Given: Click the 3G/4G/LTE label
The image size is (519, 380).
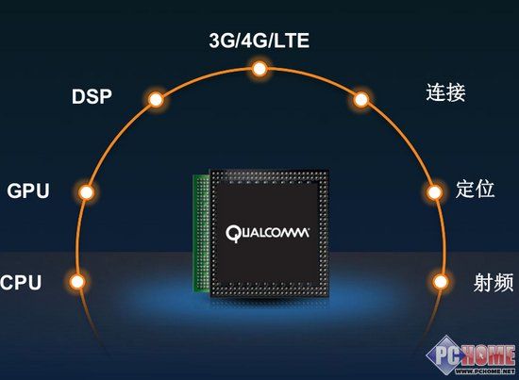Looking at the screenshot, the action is pos(259,41).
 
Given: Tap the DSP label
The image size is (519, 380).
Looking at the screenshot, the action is pos(92,96).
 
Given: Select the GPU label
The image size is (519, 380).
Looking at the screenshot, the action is pos(28,190).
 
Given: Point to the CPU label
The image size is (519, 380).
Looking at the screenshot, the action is pos(21,283).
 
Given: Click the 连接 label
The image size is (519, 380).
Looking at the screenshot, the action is pos(445,92).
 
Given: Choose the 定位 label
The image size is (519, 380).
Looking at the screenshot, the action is pos(475,190).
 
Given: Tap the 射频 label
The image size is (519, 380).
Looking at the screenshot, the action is pos(494,283).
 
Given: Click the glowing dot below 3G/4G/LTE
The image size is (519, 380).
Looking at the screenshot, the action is pos(259,69).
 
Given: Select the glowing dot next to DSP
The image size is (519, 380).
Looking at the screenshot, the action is pos(156,99).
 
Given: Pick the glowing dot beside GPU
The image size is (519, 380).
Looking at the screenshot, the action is pos(87,191).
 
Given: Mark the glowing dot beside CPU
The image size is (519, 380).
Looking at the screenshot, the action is pos(77,282).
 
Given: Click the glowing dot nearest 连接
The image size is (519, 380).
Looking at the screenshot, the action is pos(360,99).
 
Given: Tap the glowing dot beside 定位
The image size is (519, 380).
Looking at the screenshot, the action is pos(434,191).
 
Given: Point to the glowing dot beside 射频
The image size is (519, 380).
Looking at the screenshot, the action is pos(441,282).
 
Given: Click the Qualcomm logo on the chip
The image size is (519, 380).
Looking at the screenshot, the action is pos(267,234).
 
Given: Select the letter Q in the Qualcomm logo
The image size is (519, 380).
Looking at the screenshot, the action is pos(232,234).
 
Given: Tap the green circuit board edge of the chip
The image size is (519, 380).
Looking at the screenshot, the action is pos(201,233).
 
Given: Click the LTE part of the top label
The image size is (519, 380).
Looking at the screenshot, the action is pos(293,41).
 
